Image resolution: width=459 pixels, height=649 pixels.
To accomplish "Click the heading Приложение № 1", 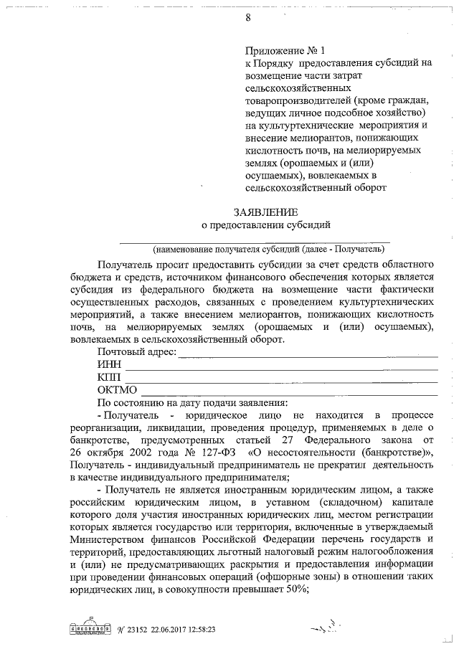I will click(x=285, y=51).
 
